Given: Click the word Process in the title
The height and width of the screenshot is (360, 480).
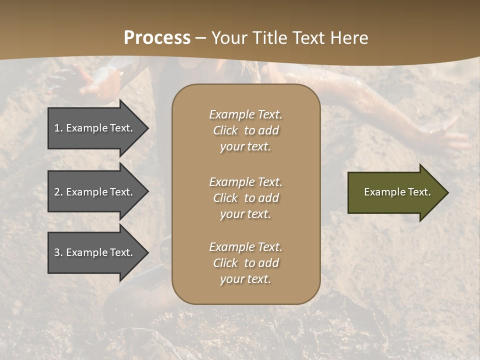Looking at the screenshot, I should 157,38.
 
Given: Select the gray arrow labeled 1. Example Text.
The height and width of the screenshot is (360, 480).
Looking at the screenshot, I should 95,128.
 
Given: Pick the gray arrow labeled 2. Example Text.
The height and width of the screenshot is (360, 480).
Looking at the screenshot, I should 95,192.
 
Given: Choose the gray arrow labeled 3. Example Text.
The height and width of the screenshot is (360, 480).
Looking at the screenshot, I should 95,252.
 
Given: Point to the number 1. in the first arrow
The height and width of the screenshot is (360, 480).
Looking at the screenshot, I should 58,128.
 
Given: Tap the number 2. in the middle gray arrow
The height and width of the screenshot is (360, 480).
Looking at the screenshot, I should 58,192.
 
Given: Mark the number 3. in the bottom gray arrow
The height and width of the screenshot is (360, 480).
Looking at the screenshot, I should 58,252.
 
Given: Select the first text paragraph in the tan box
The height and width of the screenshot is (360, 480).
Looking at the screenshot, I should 245,130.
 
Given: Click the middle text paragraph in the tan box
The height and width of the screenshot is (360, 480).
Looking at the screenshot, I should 245,198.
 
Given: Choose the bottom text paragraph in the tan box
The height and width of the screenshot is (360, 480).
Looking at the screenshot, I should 245,263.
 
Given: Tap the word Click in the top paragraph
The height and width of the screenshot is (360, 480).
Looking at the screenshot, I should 225,130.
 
